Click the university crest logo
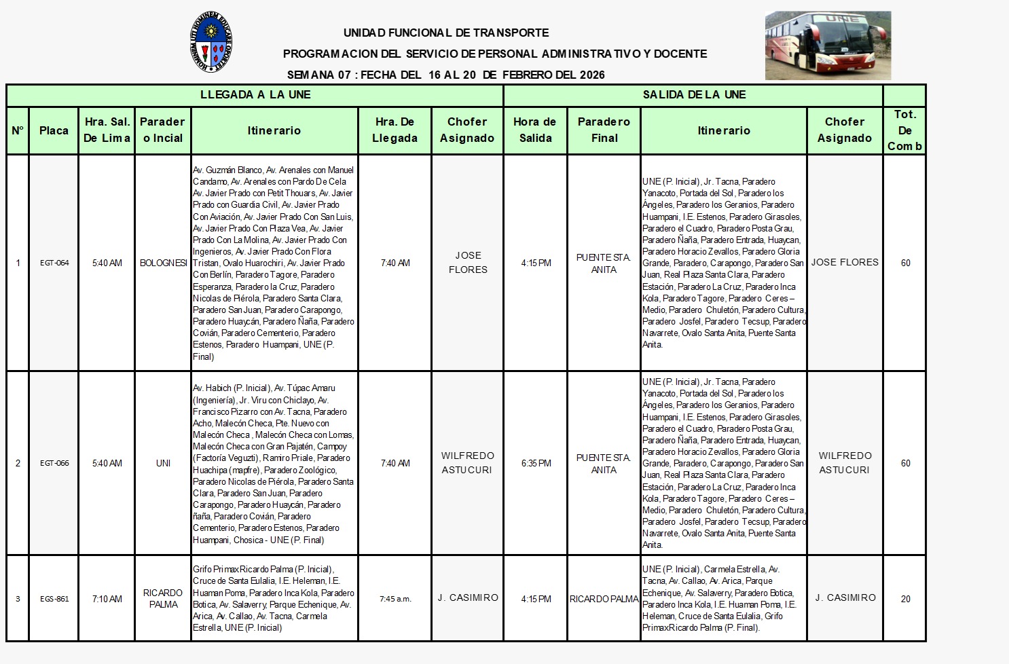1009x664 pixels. tap(213, 42)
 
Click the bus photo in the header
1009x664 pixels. tap(828, 45)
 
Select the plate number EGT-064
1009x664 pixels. tap(54, 263)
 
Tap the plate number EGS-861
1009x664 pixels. tap(54, 599)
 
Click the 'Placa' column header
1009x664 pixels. tap(54, 130)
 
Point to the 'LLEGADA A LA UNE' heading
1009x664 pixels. tap(255, 95)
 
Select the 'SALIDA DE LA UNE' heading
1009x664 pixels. tap(694, 95)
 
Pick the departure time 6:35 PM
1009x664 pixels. tap(536, 463)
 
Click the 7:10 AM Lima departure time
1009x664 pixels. tap(107, 599)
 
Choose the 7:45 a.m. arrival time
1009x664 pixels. tap(395, 599)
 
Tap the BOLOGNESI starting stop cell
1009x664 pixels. tap(164, 263)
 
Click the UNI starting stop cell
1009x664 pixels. tap(164, 463)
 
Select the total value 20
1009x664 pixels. tap(905, 599)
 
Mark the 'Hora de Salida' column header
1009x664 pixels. tap(535, 130)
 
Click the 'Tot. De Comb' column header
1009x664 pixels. tap(904, 130)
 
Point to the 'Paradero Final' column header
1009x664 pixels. tap(604, 130)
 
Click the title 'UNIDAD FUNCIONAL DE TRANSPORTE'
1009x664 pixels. tap(446, 33)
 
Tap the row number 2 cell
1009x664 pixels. tap(18, 463)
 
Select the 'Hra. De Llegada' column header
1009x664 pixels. tap(395, 130)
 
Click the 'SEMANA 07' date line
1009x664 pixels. tap(445, 75)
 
